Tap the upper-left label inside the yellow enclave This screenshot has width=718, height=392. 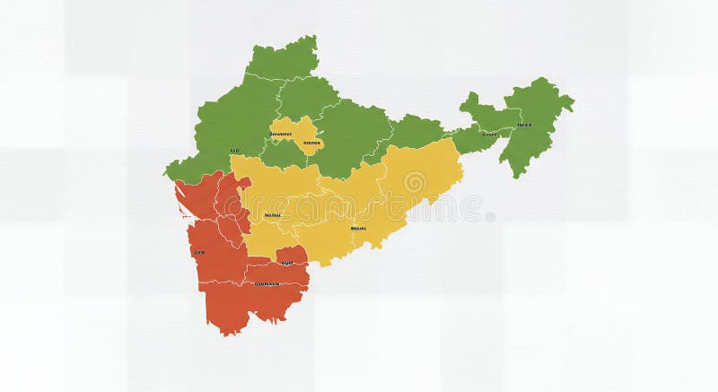pyautogui.click(x=280, y=135)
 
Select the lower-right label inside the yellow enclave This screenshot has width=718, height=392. pyautogui.click(x=311, y=143)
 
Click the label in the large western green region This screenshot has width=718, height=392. pyautogui.click(x=234, y=151)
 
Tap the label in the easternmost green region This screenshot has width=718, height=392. pyautogui.click(x=524, y=125)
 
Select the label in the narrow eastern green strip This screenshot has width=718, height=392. pyautogui.click(x=489, y=135)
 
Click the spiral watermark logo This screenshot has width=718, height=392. pyautogui.click(x=414, y=182)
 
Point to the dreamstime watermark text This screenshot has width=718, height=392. pyautogui.click(x=450, y=208)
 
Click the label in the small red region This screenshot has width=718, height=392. pyautogui.click(x=287, y=262)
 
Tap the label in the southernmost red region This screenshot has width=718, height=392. pyautogui.click(x=267, y=283)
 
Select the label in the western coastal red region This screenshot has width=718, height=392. pyautogui.click(x=199, y=253)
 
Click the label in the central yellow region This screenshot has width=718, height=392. pyautogui.click(x=357, y=228)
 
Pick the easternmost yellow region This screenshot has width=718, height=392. pyautogui.click(x=422, y=175)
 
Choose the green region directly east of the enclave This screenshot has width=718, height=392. pyautogui.click(x=355, y=135)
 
